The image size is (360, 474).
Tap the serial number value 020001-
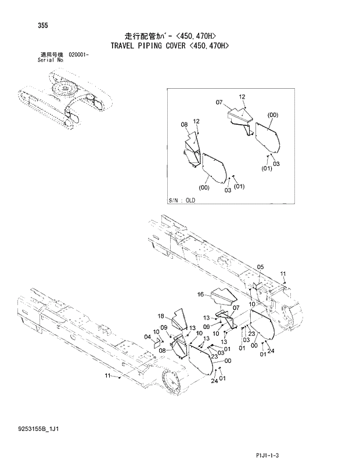[x=82, y=54]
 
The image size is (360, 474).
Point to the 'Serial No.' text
[x=50, y=59]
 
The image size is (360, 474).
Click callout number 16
[x=201, y=295]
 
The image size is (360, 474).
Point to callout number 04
[x=147, y=336]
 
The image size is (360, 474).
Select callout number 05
[x=260, y=267]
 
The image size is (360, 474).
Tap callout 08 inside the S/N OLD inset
[x=183, y=124]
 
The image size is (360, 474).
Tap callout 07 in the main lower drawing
[x=236, y=307]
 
